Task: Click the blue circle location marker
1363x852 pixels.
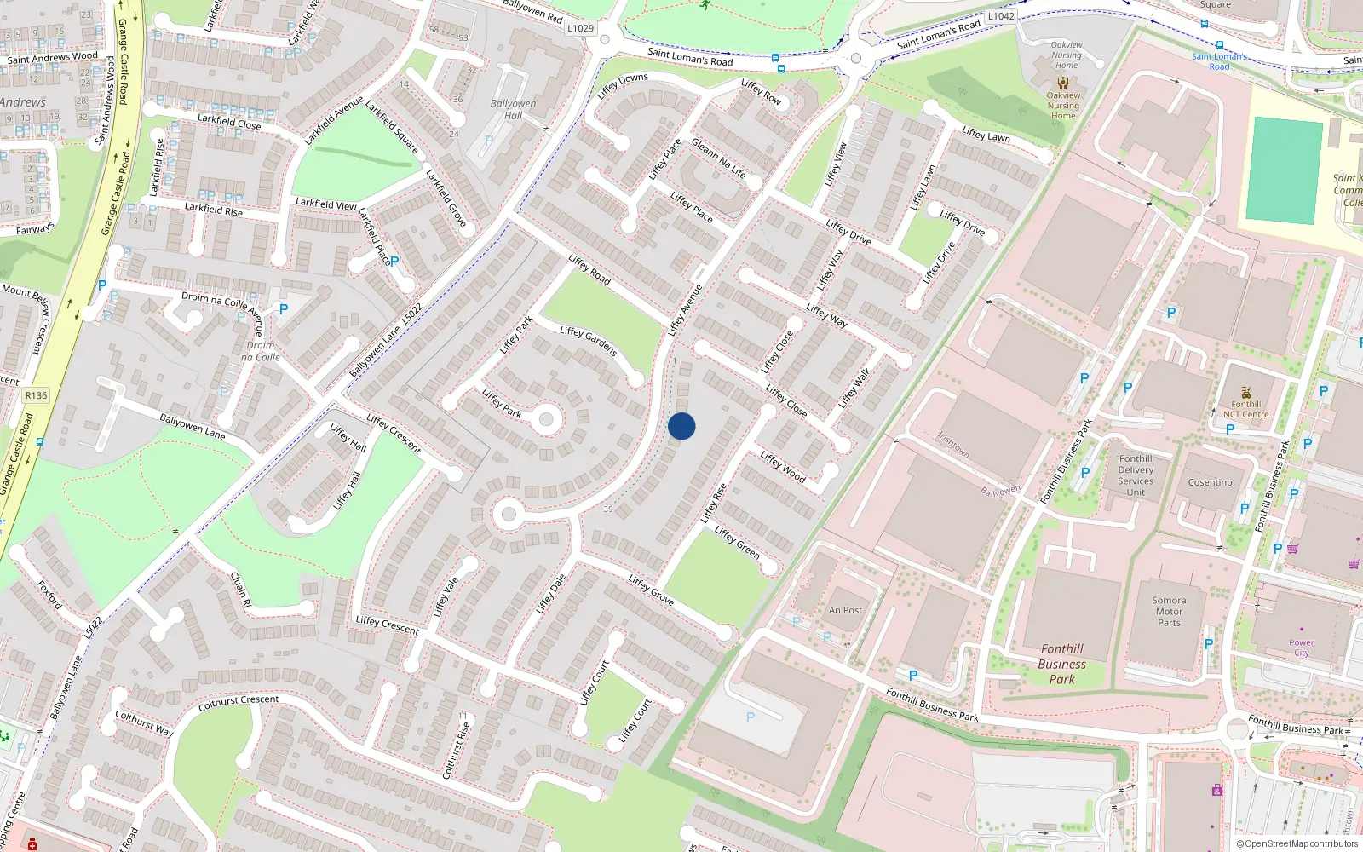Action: pos(681,426)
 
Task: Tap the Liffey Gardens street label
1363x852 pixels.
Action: pos(588,340)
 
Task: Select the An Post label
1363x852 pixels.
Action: pos(845,610)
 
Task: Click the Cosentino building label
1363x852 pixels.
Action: pos(1210,482)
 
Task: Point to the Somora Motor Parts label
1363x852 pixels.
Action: pos(1169,611)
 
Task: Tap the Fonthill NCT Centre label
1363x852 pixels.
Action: pos(1245,409)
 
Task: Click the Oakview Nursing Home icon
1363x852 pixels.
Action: pos(1062,83)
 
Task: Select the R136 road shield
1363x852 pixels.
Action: pos(36,395)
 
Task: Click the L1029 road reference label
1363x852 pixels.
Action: pos(580,28)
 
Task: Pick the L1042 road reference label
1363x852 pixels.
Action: pos(1001,16)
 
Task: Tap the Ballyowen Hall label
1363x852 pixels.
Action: pos(513,109)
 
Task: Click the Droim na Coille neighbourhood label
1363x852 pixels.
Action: pos(261,351)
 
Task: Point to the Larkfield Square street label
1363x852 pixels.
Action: pos(392,128)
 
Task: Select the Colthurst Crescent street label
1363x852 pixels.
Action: pos(239,702)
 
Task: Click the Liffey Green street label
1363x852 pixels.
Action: pos(737,542)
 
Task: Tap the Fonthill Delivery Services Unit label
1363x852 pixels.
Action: pos(1136,475)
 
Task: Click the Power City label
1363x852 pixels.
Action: pos(1301,648)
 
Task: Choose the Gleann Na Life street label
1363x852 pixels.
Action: pos(718,158)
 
